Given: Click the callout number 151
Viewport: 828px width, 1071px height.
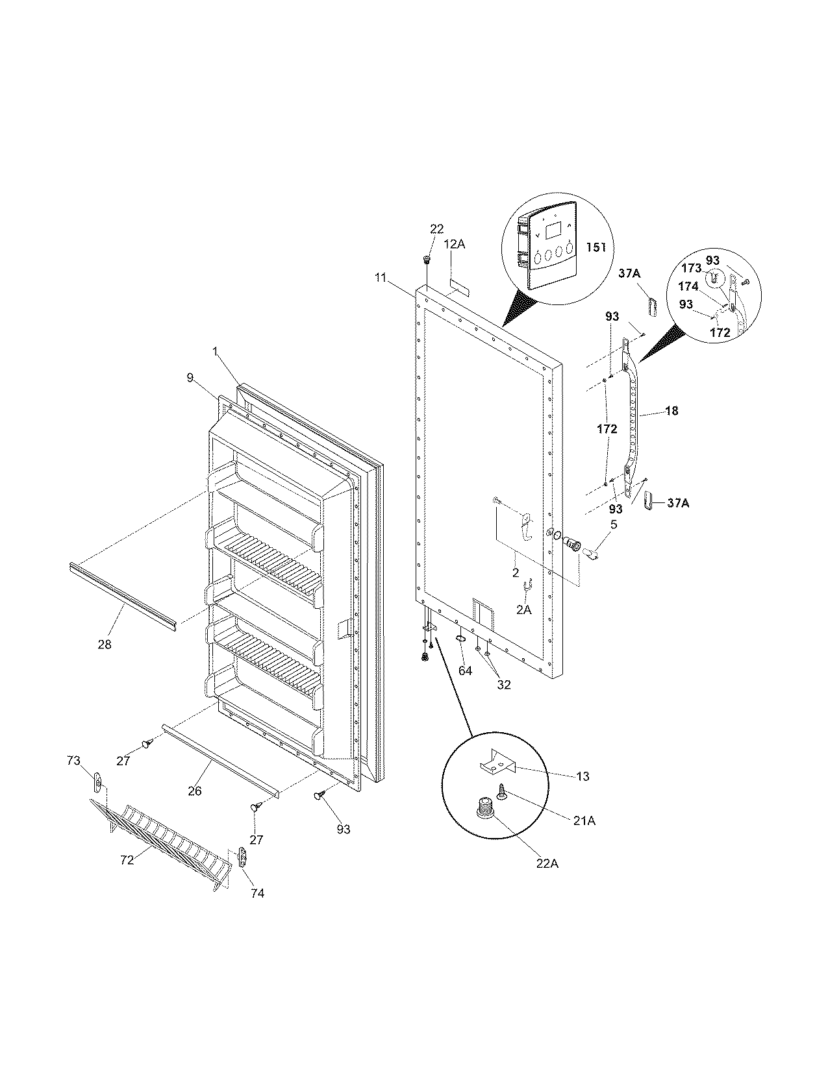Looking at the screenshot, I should click(596, 247).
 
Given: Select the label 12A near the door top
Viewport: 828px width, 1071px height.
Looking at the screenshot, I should click(455, 244).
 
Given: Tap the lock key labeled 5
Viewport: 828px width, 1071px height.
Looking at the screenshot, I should click(591, 554).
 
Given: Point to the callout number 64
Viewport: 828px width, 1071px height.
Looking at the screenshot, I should click(465, 671).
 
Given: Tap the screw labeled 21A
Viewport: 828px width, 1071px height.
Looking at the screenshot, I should click(503, 791).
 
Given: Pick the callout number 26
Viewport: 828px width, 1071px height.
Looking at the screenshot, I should click(195, 791).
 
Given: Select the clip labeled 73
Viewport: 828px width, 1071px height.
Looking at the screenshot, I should click(97, 783).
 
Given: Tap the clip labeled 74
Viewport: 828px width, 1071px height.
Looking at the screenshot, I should click(243, 857).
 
